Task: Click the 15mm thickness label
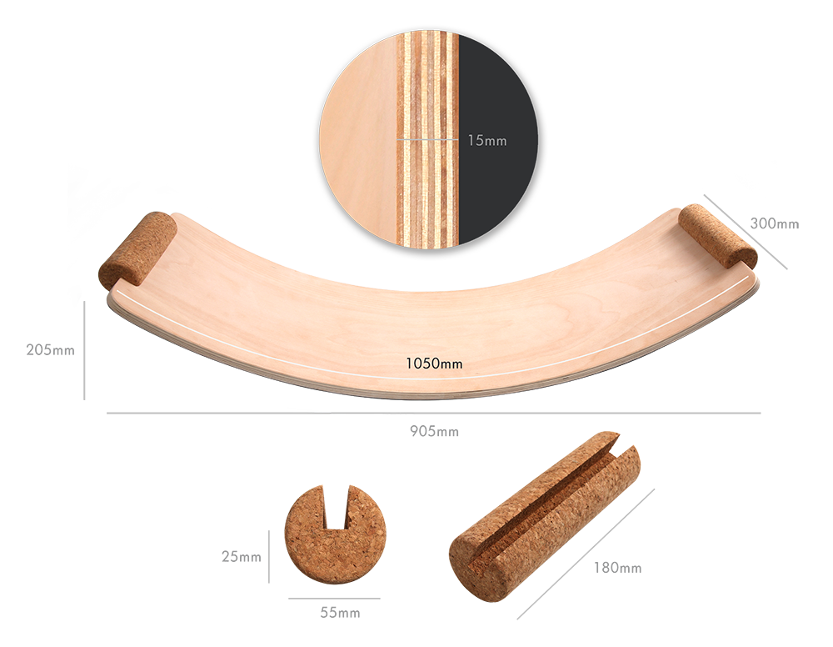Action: point(486,140)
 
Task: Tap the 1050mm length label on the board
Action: point(434,363)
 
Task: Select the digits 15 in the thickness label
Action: point(474,140)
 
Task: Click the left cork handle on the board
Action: point(138,248)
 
